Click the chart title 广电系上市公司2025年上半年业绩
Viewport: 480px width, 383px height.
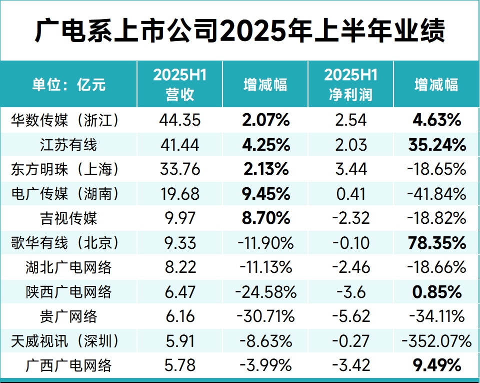[x=240, y=31]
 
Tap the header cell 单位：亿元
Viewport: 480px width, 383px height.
[x=69, y=84]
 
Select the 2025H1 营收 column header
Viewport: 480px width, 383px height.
[x=179, y=84]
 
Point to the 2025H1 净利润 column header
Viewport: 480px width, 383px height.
[x=350, y=84]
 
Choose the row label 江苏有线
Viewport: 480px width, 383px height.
[x=69, y=145]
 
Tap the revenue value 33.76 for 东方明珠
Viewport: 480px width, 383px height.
[x=179, y=169]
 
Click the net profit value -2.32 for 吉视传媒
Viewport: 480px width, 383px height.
[x=350, y=218]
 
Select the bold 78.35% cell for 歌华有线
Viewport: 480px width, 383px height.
[x=436, y=243]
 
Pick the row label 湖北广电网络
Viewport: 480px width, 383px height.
[x=69, y=267]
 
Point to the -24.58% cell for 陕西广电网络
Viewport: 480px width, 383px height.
[x=265, y=292]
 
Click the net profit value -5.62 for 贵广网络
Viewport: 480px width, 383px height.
[x=350, y=316]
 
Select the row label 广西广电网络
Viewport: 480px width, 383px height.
[x=69, y=365]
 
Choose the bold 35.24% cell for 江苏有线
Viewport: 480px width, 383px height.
[x=436, y=145]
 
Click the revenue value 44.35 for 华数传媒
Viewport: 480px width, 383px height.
[x=179, y=120]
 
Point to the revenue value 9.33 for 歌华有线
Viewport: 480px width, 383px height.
[x=179, y=243]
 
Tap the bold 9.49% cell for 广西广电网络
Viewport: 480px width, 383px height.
[x=436, y=365]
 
